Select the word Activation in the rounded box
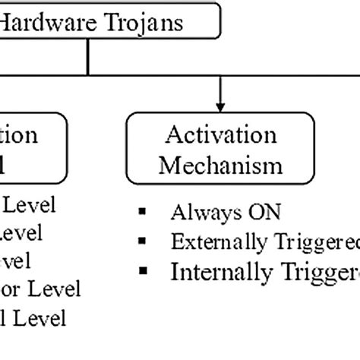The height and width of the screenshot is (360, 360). pyautogui.click(x=220, y=136)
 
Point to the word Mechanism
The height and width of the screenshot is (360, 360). pyautogui.click(x=220, y=165)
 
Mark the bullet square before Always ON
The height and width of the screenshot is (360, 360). pyautogui.click(x=142, y=211)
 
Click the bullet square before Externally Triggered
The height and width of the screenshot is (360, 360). pyautogui.click(x=142, y=241)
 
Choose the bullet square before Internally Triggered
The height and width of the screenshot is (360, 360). pyautogui.click(x=142, y=270)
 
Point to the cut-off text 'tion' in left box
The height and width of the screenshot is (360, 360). pyautogui.click(x=18, y=136)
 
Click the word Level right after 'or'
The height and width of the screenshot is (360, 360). pyautogui.click(x=52, y=289)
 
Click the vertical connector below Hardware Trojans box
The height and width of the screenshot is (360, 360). pyautogui.click(x=88, y=57)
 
